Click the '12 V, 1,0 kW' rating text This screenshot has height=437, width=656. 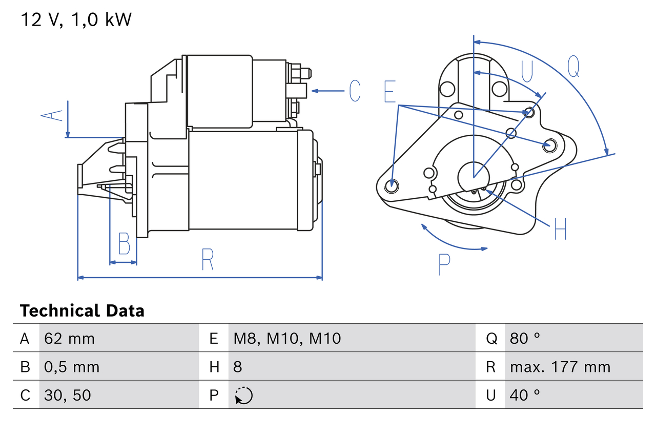tap(76, 19)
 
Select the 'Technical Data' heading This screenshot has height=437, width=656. tap(82, 310)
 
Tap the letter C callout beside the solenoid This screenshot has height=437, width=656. tap(355, 91)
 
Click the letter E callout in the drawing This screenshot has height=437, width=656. tap(389, 91)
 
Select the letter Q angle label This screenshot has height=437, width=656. tap(573, 66)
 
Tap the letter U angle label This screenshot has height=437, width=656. tap(527, 71)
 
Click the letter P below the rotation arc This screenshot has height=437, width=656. tap(444, 264)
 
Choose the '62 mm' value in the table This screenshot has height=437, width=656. tap(70, 338)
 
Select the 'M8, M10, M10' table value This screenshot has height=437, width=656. tap(287, 338)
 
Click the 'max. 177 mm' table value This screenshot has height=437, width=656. tap(560, 367)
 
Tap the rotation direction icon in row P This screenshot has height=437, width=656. tap(243, 396)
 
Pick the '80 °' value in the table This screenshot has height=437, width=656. tap(525, 338)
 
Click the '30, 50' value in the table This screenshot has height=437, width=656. tap(68, 395)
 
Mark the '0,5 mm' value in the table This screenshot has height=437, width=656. tap(72, 367)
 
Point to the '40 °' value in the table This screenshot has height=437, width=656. tap(525, 395)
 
